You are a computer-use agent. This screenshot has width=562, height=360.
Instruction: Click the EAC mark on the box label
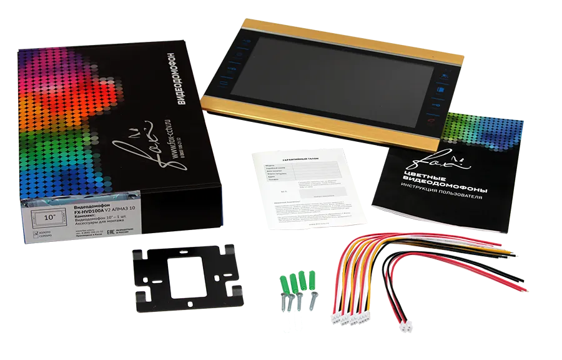coord(112,231)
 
